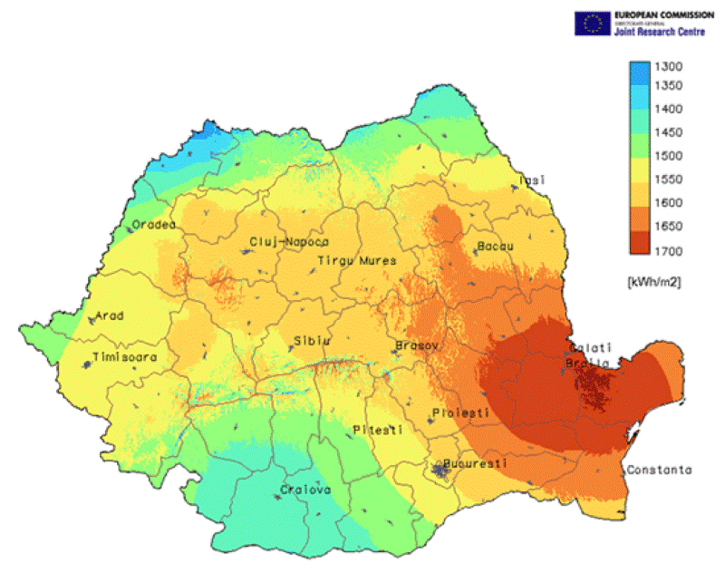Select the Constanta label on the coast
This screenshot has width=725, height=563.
click(658, 470)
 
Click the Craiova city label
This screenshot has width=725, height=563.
click(305, 490)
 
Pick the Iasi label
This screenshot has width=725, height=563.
click(533, 180)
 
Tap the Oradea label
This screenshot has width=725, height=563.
click(154, 225)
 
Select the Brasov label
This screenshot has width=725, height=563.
click(418, 346)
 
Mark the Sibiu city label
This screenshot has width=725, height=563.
click(311, 342)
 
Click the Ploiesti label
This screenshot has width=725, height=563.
click(460, 413)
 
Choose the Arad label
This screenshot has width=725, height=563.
click(109, 317)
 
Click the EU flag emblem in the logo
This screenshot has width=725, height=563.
click(594, 24)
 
